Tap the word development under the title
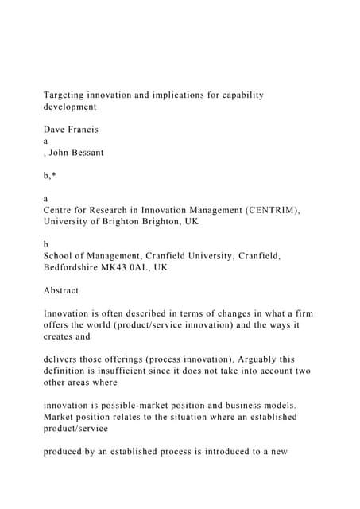pyautogui.click(x=70, y=106)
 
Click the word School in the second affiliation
pyautogui.click(x=59, y=255)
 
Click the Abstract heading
pyautogui.click(x=61, y=290)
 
